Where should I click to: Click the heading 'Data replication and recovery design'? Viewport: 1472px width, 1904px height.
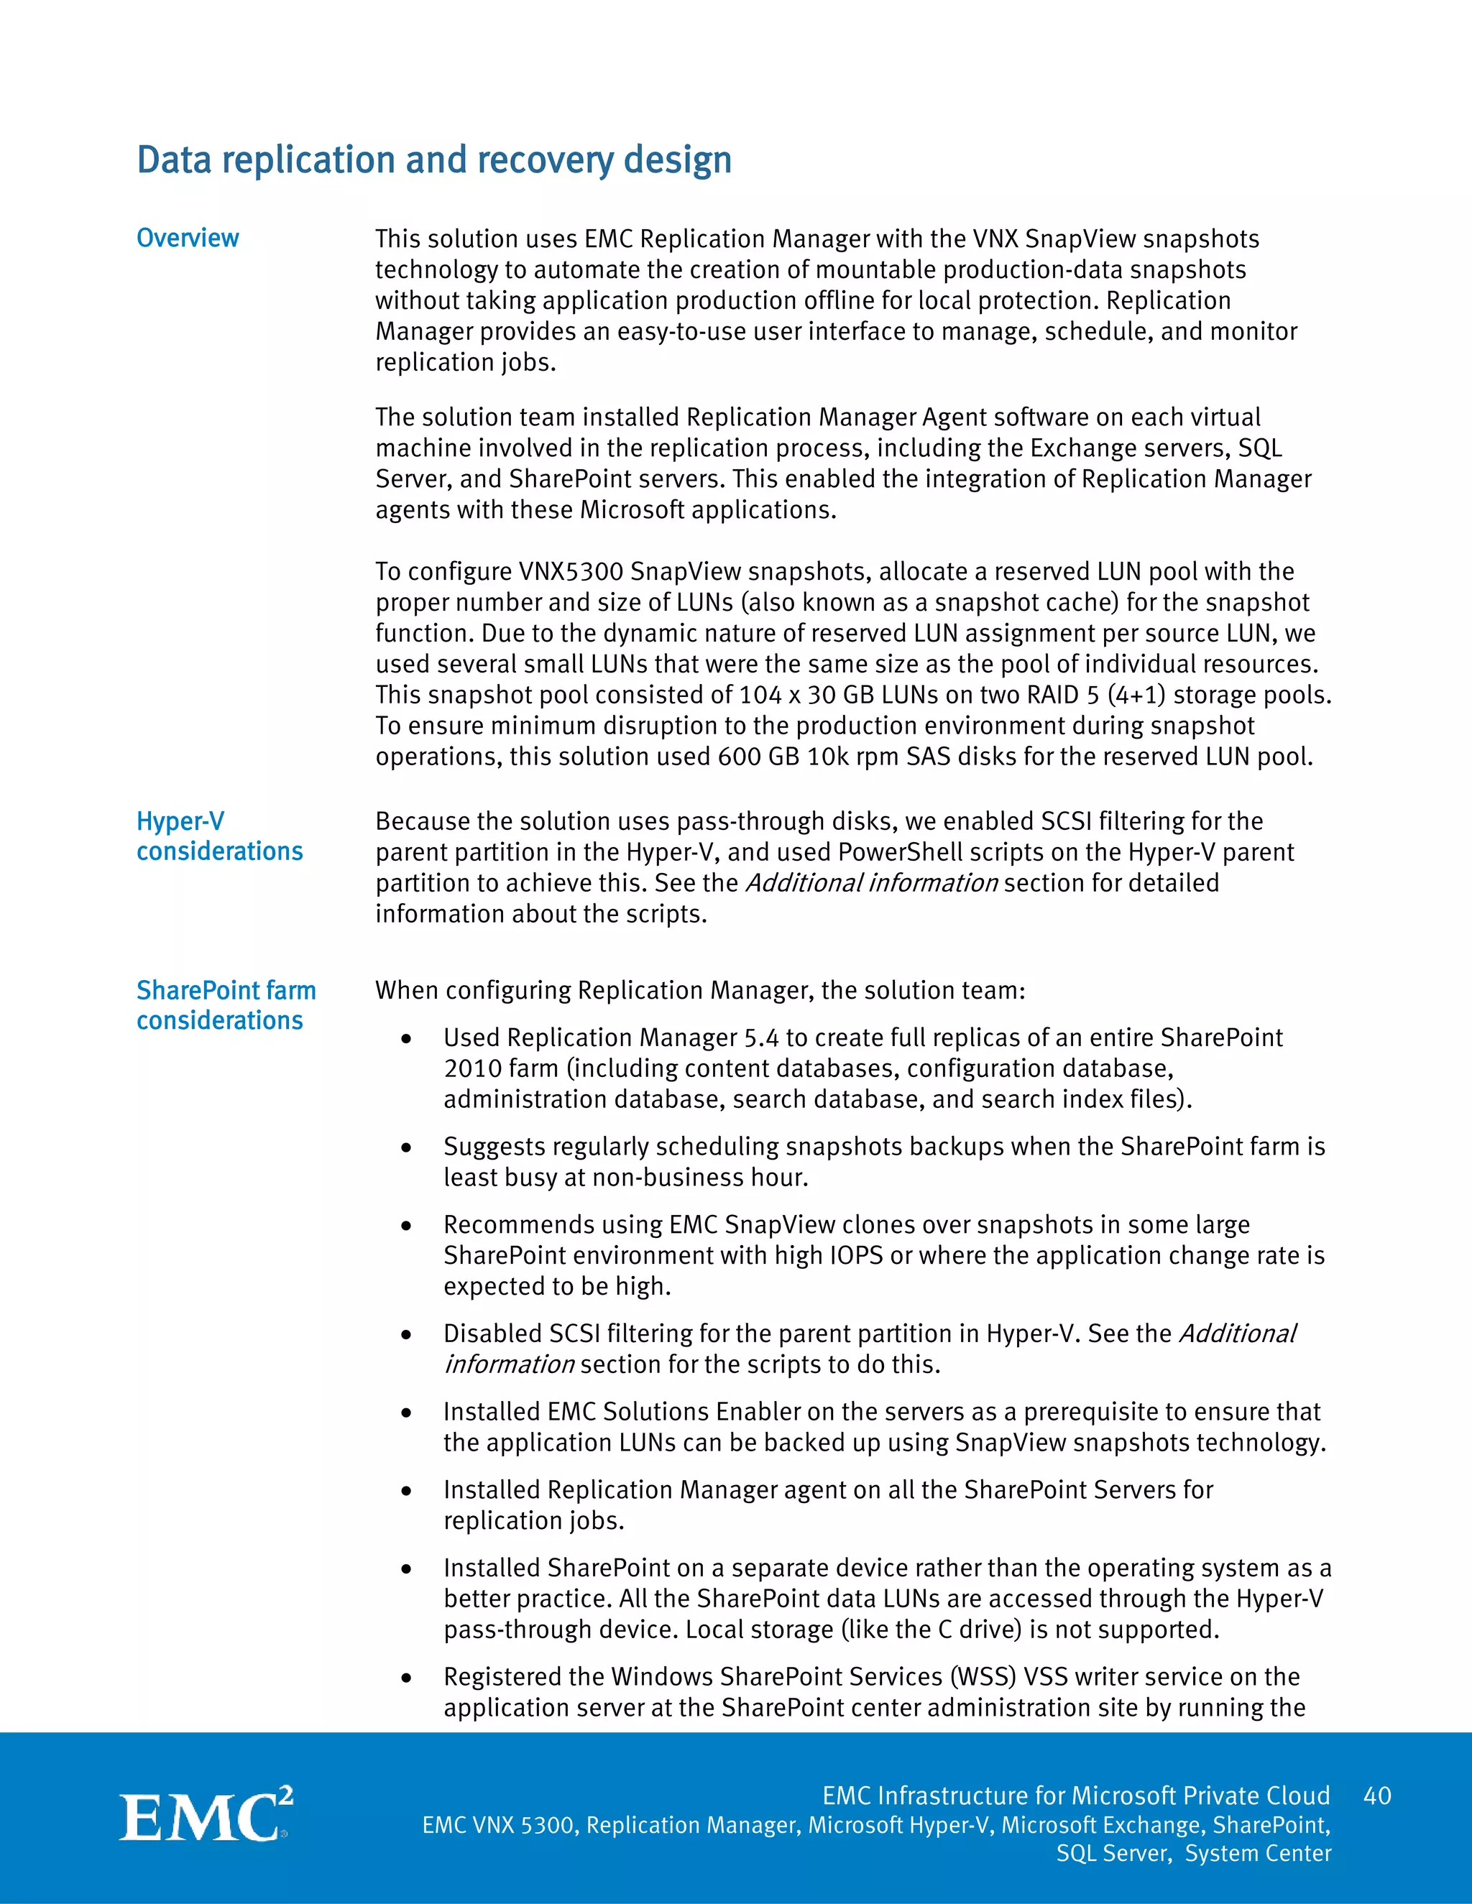click(433, 160)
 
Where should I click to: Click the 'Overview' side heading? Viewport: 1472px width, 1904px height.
click(188, 238)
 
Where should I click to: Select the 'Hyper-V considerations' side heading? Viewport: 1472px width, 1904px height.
click(219, 836)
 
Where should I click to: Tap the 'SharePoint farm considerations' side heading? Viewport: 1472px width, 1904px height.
click(225, 1005)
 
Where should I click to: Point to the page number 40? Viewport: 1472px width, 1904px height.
click(1377, 1796)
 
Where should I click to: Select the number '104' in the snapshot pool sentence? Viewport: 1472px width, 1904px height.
click(760, 695)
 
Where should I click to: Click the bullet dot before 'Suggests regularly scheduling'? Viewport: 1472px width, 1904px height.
click(406, 1148)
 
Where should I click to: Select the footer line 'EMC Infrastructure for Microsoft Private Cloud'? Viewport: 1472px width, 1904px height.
click(1075, 1796)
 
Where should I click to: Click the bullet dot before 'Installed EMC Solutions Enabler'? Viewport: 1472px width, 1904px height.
click(406, 1413)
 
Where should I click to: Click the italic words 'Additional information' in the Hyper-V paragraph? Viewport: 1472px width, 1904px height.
click(871, 883)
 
